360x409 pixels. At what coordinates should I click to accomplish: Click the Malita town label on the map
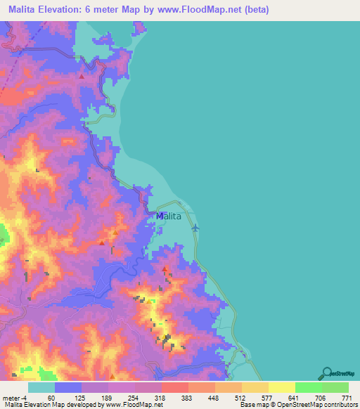pyautogui.click(x=169, y=216)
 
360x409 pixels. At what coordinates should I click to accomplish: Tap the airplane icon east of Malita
pyautogui.click(x=195, y=227)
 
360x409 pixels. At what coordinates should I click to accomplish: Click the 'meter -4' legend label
pyautogui.click(x=13, y=398)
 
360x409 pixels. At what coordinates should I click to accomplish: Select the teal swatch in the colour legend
pyautogui.click(x=41, y=387)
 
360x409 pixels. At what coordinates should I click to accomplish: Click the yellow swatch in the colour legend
pyautogui.click(x=281, y=387)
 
